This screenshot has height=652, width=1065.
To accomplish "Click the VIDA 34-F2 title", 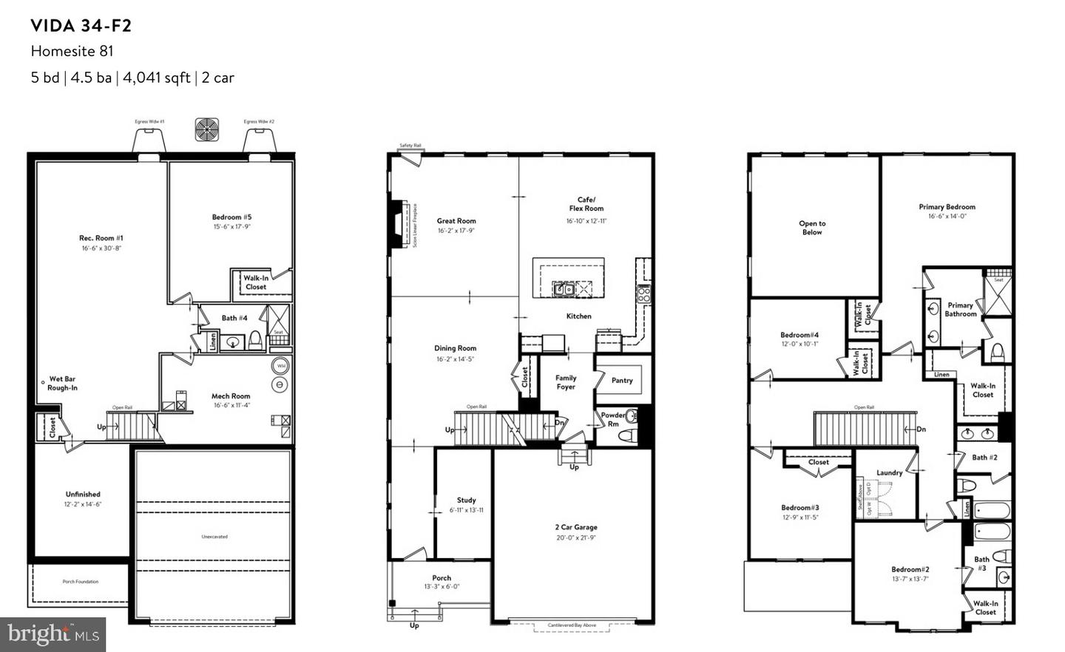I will [x=81, y=26].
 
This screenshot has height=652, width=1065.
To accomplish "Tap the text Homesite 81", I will [x=72, y=51].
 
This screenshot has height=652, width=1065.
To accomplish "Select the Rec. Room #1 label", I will [x=101, y=238].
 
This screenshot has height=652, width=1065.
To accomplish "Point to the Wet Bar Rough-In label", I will [x=62, y=383].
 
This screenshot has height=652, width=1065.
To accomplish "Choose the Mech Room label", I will [x=231, y=396].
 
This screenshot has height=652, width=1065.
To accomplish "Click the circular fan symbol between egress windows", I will [x=206, y=129].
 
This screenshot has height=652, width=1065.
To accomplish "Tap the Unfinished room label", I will [x=83, y=495].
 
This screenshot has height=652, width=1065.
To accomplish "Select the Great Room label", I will [x=456, y=221].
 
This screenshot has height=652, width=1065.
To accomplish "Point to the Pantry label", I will [x=622, y=381].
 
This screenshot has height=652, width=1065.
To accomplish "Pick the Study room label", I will [x=466, y=500].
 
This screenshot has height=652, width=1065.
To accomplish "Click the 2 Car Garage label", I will [x=575, y=527].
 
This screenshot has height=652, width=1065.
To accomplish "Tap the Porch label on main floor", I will [x=442, y=578].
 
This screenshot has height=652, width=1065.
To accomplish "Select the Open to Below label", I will [x=812, y=228].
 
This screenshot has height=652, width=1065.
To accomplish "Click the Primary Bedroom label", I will [x=947, y=207].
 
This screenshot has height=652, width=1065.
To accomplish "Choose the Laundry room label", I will [x=889, y=473].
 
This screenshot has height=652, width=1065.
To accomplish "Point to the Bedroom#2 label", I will [x=910, y=569].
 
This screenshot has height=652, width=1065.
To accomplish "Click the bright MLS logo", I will [x=53, y=634].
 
